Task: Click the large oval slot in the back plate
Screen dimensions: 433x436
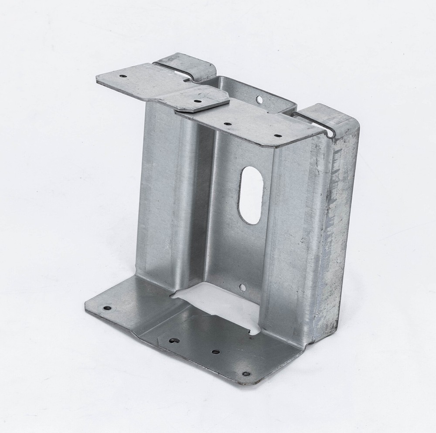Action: [251, 195]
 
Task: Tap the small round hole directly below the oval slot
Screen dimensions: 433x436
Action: [242, 288]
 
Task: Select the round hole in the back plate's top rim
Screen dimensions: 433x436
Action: [259, 100]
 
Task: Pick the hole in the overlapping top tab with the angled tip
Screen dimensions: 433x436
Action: [198, 101]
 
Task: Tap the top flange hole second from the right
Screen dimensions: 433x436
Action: [228, 124]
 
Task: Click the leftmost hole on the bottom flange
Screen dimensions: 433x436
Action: [107, 308]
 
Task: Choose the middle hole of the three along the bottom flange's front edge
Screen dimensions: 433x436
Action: [215, 351]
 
